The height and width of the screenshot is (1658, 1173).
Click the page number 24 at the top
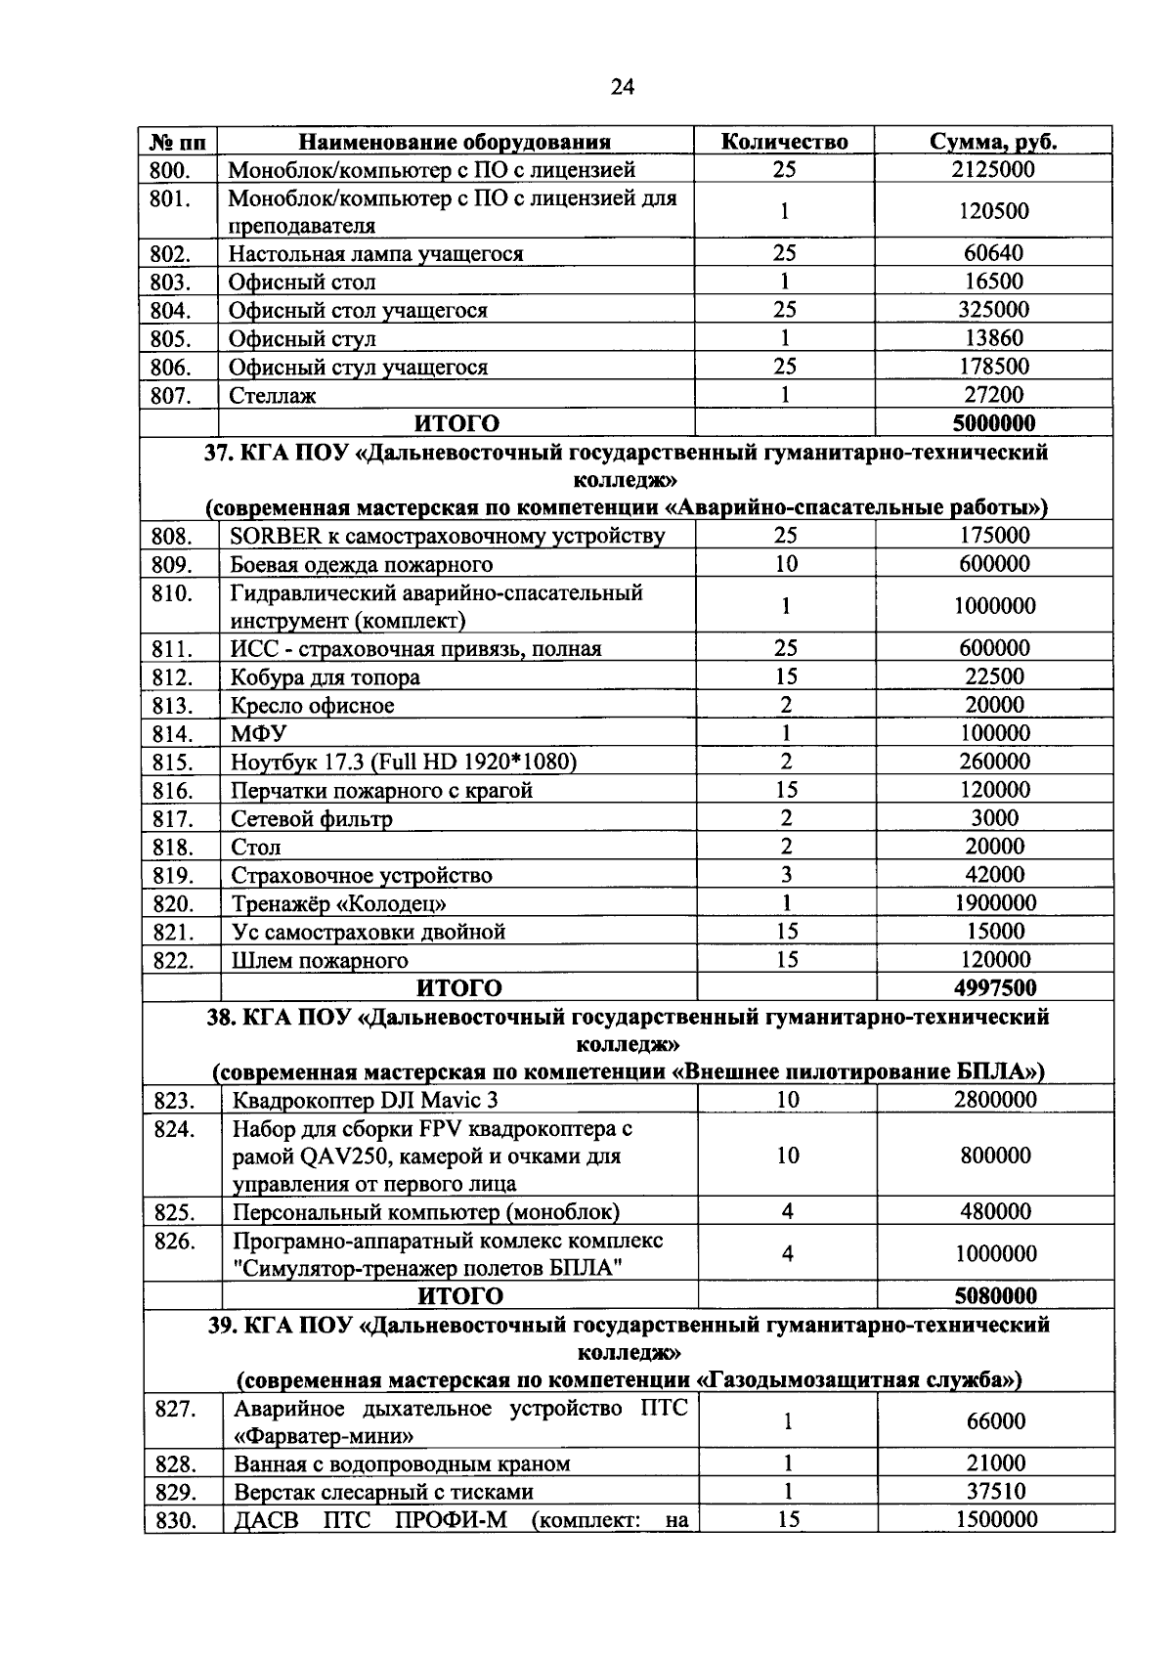tap(622, 88)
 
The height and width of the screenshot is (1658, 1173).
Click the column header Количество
tap(784, 142)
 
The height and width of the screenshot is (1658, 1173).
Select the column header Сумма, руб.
tap(992, 142)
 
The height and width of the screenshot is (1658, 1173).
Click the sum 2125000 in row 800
tap(992, 169)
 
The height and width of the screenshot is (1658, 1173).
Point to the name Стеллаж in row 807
tap(273, 396)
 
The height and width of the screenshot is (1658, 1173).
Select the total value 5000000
tap(992, 423)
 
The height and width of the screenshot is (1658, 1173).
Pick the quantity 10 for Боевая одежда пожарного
tap(785, 564)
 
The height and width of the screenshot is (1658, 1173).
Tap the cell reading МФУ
tap(259, 733)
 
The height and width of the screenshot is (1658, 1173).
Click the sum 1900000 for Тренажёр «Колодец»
tap(994, 903)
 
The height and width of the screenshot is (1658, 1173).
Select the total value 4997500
tap(994, 988)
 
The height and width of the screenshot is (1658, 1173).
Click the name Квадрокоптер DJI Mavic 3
tap(365, 1101)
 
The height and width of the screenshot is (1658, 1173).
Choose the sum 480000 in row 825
tap(994, 1212)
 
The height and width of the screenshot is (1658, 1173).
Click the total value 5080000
tap(994, 1296)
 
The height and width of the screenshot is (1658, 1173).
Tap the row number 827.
tap(175, 1409)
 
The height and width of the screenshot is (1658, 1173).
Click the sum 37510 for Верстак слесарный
tap(995, 1492)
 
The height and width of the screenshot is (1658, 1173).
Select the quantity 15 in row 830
tap(787, 1520)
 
